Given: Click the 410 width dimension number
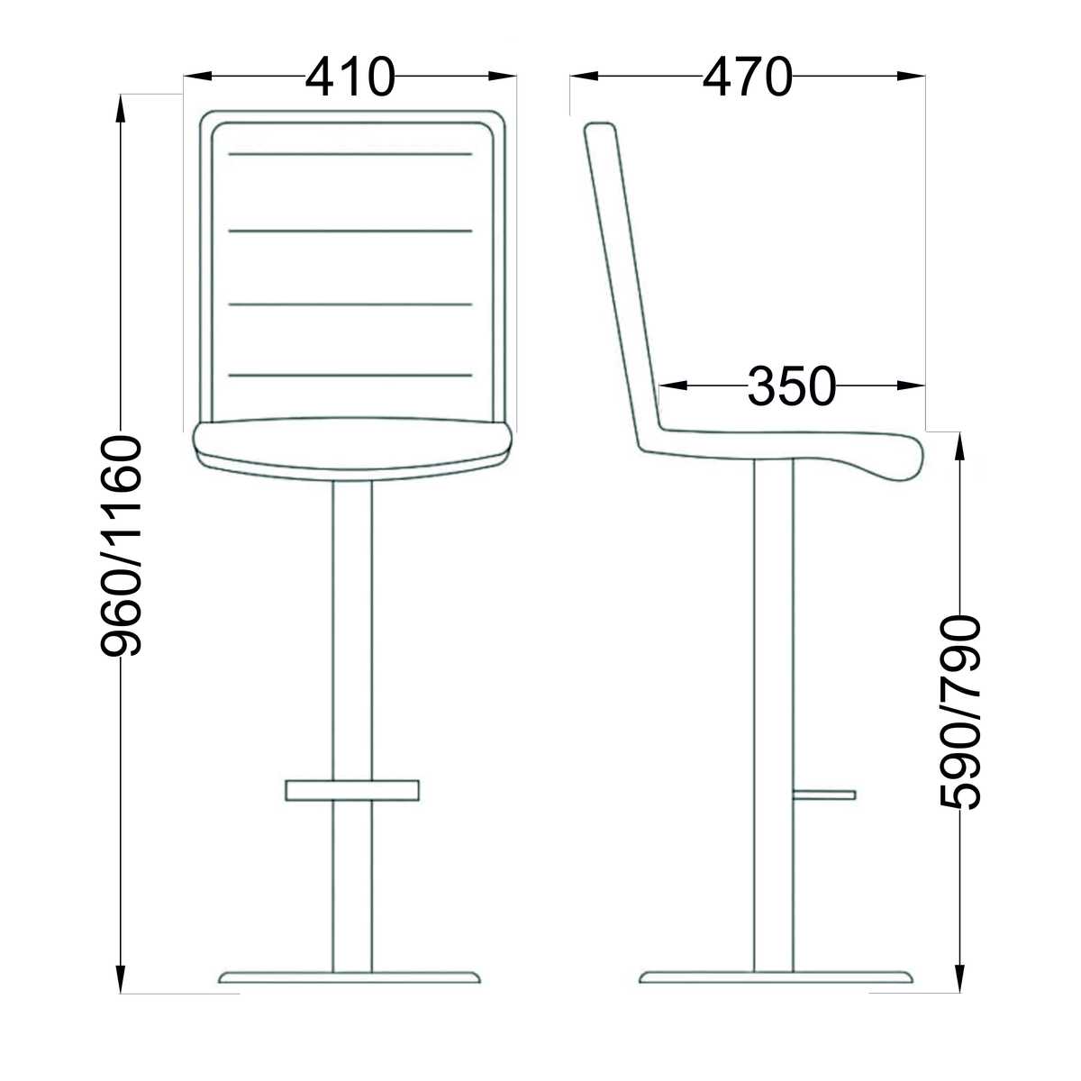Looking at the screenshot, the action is pyautogui.click(x=350, y=76).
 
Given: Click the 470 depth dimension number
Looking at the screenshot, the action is pyautogui.click(x=747, y=76).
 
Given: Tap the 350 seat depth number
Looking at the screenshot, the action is pyautogui.click(x=792, y=386).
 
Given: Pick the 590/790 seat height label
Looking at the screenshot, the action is pyautogui.click(x=959, y=713).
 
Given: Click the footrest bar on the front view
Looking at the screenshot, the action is pyautogui.click(x=352, y=790).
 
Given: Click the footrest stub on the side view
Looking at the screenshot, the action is pyautogui.click(x=824, y=795).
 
